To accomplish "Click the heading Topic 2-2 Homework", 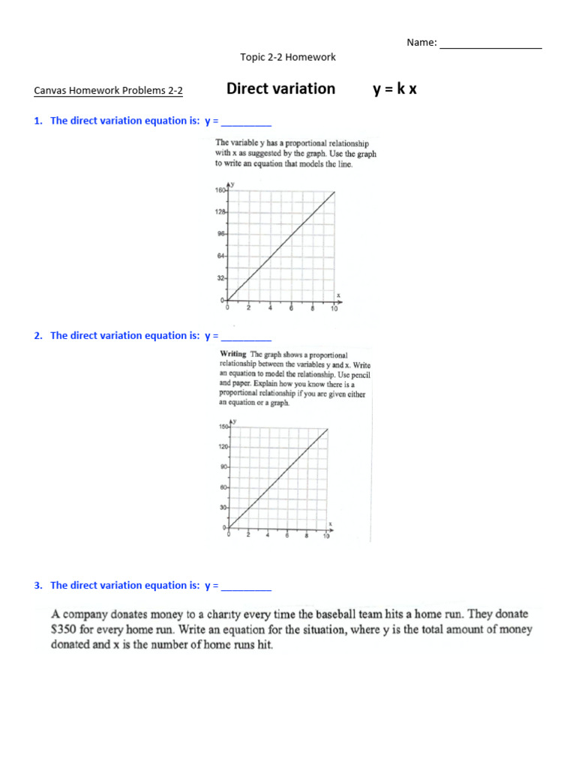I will click(x=288, y=57).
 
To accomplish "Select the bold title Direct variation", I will click(x=280, y=89).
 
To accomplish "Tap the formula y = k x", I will click(x=394, y=89).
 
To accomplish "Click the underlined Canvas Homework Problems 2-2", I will click(x=109, y=91).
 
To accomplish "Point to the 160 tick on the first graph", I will click(x=220, y=190).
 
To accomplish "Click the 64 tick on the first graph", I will click(x=222, y=256).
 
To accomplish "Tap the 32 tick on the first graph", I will click(x=222, y=278).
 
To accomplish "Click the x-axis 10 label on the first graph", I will click(x=334, y=308).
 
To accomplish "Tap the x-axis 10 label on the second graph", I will click(x=325, y=536).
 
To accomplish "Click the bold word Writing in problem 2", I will click(x=232, y=354).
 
